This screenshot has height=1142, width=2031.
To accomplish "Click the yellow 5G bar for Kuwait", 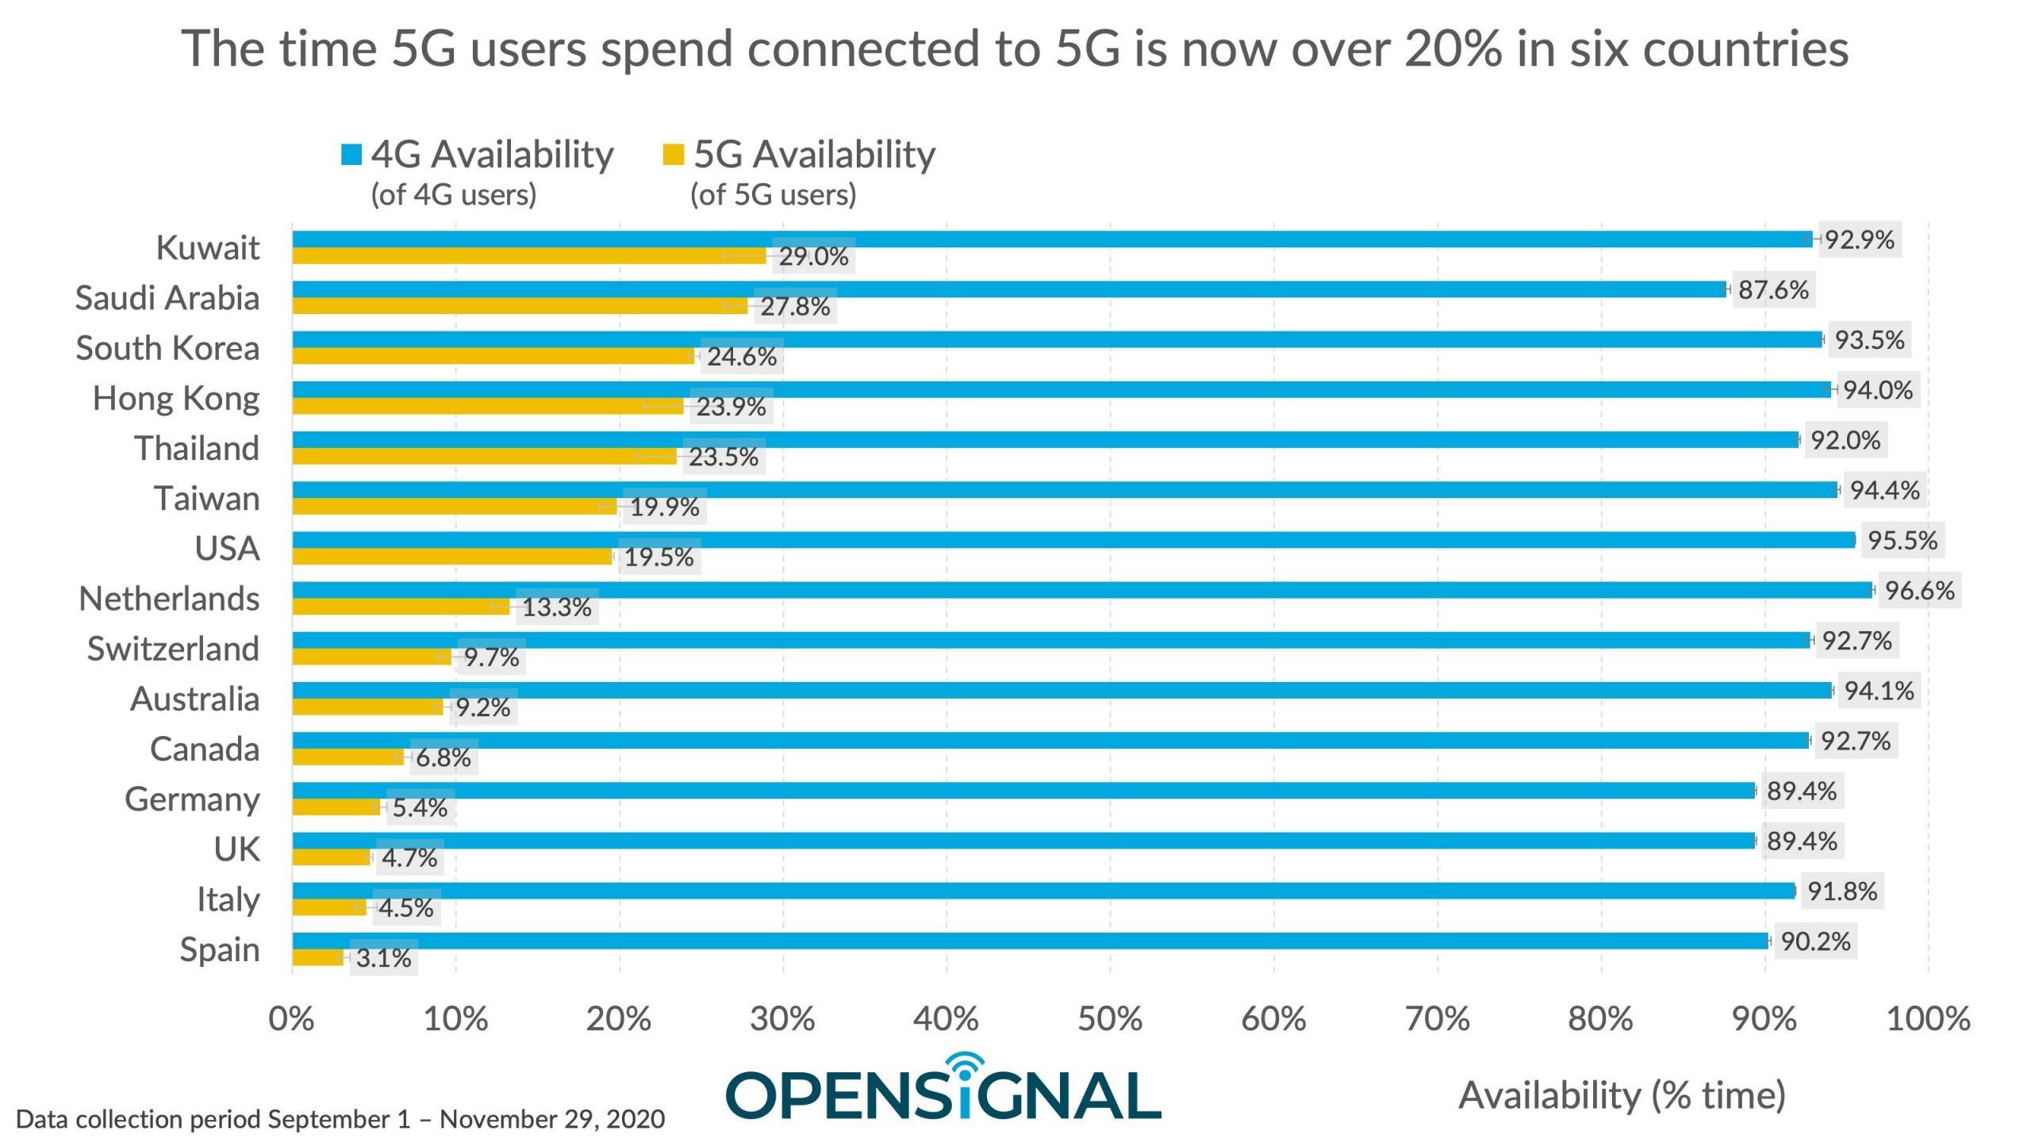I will (529, 256).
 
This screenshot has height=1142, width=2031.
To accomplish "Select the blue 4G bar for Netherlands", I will (1082, 590).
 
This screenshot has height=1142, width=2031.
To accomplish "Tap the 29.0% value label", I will (813, 256).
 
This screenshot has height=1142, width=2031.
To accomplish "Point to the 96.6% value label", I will (1919, 590).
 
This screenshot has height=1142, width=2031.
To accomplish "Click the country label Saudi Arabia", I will (167, 298).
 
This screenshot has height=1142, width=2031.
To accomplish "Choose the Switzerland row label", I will (173, 649).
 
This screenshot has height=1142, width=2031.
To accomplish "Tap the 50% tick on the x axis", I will (1110, 1019).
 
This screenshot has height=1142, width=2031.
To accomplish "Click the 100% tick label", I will (1928, 1019).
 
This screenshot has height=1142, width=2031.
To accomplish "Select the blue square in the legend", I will (351, 154).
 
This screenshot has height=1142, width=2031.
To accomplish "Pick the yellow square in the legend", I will (674, 154).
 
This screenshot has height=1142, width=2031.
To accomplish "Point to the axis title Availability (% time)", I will (1622, 1095).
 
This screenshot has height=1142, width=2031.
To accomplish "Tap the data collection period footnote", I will (340, 1119).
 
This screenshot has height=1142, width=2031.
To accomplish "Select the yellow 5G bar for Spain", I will (317, 958).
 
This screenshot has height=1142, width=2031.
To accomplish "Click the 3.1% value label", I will (383, 958).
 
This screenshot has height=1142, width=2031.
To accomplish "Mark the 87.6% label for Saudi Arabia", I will (1773, 289).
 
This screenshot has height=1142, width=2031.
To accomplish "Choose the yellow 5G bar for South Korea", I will (493, 356).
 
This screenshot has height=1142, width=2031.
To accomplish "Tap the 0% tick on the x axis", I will (291, 1019).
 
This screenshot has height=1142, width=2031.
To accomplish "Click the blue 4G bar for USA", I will (1073, 540).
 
